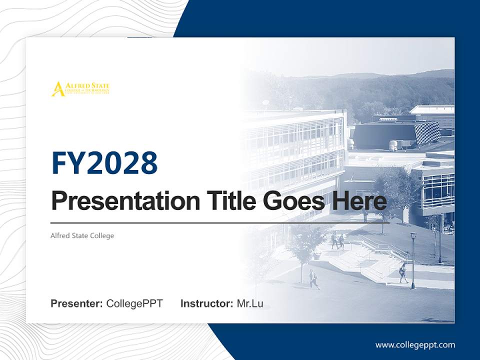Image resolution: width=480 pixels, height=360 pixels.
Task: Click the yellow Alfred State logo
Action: (x=80, y=88)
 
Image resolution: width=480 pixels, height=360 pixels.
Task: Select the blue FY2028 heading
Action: (x=104, y=163)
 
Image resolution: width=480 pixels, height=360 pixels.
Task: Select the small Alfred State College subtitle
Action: (x=82, y=235)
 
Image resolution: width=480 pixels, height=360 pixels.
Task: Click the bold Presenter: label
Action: (x=77, y=303)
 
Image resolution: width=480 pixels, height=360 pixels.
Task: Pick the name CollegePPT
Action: (x=134, y=303)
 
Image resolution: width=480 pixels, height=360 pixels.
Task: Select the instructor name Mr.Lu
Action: (x=250, y=303)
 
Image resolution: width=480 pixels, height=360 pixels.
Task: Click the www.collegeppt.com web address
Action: (x=415, y=344)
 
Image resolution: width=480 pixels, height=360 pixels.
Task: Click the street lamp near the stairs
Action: (x=413, y=260)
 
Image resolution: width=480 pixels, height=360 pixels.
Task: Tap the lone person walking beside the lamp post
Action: (x=402, y=273)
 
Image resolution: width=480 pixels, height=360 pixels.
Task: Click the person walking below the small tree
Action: (x=313, y=279)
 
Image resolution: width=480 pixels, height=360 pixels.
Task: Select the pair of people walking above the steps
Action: (x=337, y=240)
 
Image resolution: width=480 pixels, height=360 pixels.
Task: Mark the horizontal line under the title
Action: (x=220, y=223)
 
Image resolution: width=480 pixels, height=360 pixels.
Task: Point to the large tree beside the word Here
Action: (x=395, y=190)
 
